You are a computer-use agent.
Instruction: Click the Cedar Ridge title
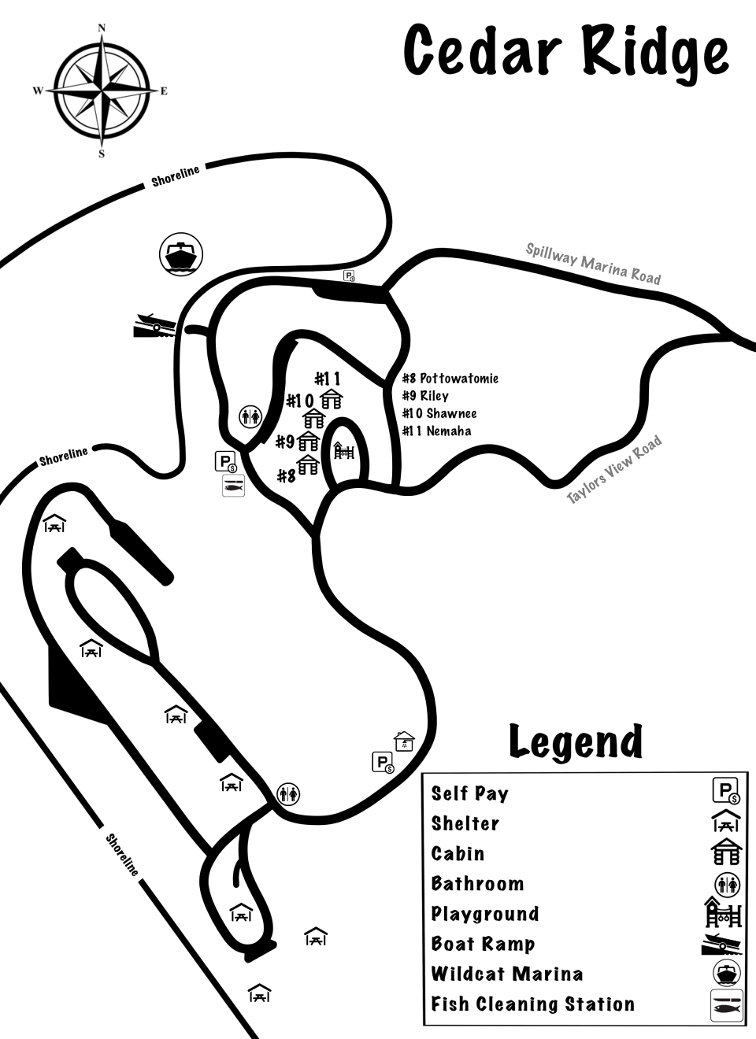click(565, 52)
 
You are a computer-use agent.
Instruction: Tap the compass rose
click(102, 91)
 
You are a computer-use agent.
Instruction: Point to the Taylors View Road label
click(615, 469)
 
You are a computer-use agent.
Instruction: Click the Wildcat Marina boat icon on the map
click(181, 253)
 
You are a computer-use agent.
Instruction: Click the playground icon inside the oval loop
click(344, 451)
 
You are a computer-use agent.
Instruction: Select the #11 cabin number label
click(328, 379)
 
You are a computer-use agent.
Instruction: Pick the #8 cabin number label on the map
click(286, 475)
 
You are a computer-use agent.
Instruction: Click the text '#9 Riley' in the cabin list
click(425, 396)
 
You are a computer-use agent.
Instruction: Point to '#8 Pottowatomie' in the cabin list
click(450, 379)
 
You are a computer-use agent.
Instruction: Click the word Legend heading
click(576, 741)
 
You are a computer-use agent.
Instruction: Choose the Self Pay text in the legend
click(470, 793)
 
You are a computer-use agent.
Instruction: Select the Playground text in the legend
click(485, 914)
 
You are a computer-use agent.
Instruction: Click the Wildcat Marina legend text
click(507, 974)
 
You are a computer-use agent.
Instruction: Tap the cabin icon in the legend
click(726, 852)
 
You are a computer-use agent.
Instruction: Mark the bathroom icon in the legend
click(727, 885)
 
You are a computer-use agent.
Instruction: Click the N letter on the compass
click(102, 28)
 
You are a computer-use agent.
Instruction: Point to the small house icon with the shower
click(404, 741)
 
